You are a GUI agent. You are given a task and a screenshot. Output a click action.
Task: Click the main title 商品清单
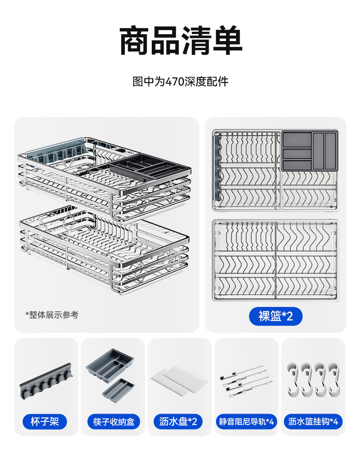click(180, 41)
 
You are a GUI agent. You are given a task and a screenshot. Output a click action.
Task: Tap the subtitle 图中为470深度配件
click(180, 82)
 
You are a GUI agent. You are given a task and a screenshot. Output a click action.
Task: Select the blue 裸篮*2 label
click(275, 316)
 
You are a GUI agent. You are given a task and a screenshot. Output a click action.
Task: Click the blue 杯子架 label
click(45, 421)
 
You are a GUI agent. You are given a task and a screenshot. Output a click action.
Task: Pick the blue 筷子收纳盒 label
click(113, 421)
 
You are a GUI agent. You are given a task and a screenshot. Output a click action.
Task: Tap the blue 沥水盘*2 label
click(178, 421)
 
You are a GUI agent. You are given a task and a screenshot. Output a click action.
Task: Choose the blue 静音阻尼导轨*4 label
click(246, 421)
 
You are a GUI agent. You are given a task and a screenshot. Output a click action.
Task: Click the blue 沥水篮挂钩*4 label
click(313, 421)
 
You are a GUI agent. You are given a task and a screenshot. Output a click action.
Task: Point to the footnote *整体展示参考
click(51, 315)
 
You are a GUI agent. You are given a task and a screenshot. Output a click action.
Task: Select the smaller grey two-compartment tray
click(118, 387)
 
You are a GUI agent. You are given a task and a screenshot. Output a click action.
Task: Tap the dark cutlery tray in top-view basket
click(309, 151)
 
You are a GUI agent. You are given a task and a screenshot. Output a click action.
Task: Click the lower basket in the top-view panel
click(275, 260)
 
